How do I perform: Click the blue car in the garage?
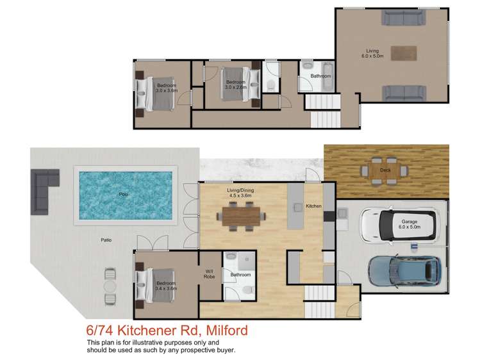click(405, 272)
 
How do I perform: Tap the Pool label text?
click(123, 193)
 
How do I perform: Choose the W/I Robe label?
click(210, 273)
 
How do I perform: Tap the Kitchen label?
click(313, 206)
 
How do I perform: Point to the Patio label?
click(106, 240)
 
